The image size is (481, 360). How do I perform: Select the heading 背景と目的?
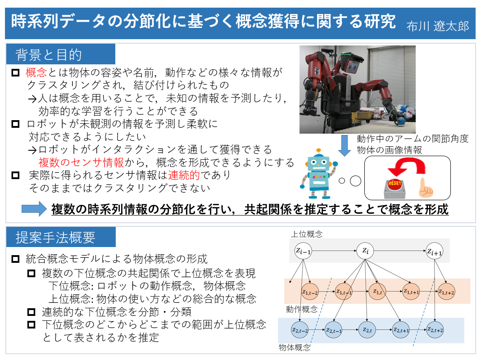click(49, 55)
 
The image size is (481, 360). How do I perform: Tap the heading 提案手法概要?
click(55, 238)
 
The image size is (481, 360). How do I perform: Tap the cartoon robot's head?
click(319, 164)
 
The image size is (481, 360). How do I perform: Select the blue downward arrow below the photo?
click(345, 145)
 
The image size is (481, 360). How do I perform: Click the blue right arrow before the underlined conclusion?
click(34, 209)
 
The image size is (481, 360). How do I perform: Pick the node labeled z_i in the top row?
click(365, 251)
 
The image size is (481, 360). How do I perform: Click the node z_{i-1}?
click(303, 251)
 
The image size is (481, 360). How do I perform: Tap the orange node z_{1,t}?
click(377, 292)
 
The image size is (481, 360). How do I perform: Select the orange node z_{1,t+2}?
click(446, 292)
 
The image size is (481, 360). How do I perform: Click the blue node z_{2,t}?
click(367, 330)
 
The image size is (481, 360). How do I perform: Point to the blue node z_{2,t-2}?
click(299, 330)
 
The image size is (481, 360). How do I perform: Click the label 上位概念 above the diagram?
click(307, 234)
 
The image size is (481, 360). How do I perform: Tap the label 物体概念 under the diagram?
click(295, 347)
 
